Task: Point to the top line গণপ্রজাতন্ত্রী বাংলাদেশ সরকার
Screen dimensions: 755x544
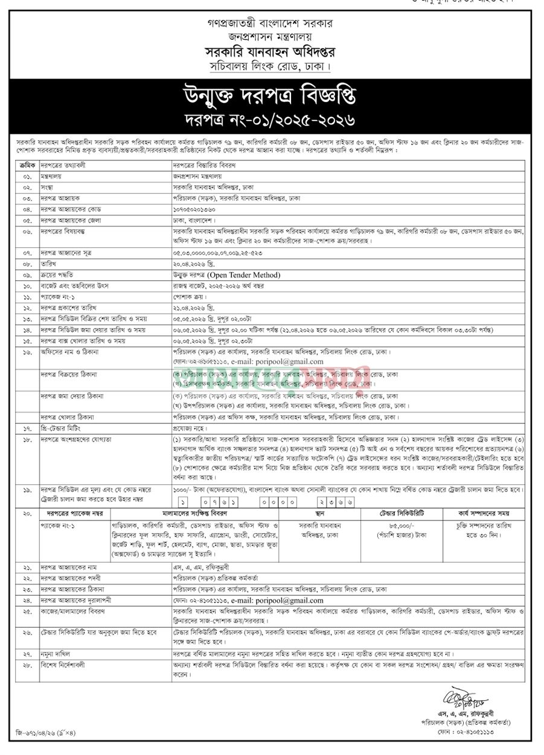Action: [271, 23]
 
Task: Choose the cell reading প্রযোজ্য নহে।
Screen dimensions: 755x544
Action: [191, 428]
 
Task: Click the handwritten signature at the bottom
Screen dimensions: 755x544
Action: [458, 700]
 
